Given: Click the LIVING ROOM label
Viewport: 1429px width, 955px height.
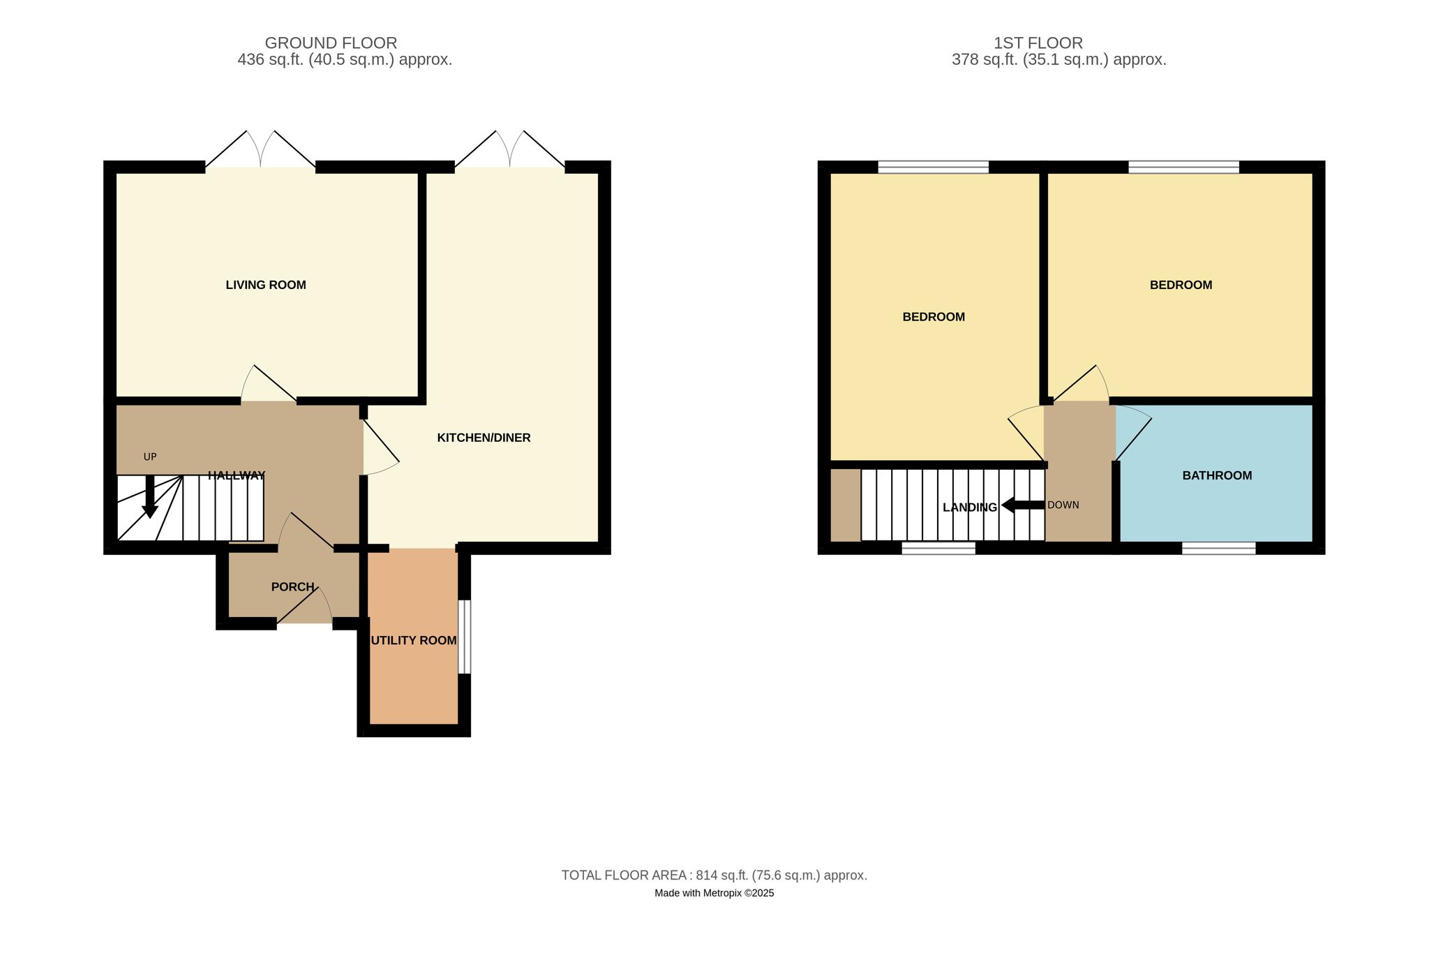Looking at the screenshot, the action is click(x=266, y=285).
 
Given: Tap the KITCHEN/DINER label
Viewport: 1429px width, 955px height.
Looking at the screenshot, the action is click(x=484, y=438).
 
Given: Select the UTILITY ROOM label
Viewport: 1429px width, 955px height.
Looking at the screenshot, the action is click(x=414, y=640).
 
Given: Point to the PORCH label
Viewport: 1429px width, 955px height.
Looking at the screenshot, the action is click(x=293, y=587).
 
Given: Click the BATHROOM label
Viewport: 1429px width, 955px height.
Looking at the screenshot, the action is click(x=1217, y=475).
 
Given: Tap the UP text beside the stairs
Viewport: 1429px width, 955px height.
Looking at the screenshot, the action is click(x=150, y=457).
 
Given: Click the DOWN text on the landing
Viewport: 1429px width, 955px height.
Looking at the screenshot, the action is click(x=1063, y=505).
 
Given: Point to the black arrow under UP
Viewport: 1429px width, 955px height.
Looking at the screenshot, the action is click(x=149, y=496).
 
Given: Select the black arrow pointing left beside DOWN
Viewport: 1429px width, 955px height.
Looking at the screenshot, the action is click(x=1023, y=505).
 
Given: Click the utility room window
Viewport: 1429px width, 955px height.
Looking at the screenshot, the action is click(x=464, y=637).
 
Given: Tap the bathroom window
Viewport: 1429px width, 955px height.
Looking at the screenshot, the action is click(x=1218, y=548).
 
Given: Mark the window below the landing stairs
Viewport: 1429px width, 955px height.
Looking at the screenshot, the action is click(x=938, y=548).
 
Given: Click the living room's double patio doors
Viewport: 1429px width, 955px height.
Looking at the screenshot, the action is click(x=260, y=149).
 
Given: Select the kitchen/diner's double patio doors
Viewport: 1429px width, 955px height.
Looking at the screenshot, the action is click(x=510, y=149).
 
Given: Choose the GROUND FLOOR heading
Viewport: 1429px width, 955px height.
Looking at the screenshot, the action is click(x=331, y=43).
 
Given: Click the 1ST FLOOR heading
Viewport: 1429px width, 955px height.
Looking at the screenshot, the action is click(x=1038, y=43).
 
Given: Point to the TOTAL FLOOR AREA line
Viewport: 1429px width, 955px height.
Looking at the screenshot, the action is click(x=714, y=875).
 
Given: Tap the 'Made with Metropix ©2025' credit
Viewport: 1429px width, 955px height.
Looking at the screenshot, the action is click(x=714, y=893).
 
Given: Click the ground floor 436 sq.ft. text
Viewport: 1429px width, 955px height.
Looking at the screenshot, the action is click(x=345, y=60).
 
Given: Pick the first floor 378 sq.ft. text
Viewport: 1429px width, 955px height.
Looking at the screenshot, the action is click(x=1059, y=60).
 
